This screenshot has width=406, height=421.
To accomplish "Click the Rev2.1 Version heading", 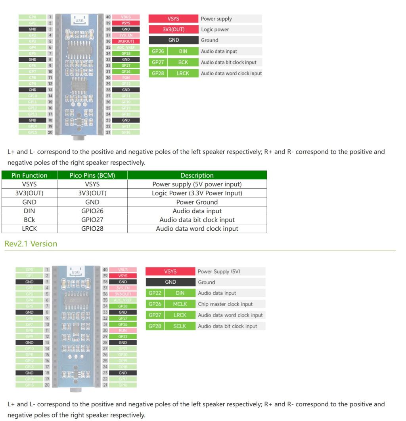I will click(31, 244).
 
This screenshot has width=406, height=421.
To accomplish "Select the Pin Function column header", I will click(29, 175).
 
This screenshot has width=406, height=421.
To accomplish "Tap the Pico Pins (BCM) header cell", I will click(92, 175).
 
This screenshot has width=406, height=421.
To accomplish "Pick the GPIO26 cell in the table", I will click(92, 211).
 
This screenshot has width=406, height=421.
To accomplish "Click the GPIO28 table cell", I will click(92, 229).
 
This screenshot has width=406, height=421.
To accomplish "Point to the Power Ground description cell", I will click(197, 202).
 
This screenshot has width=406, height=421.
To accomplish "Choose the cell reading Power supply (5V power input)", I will click(197, 184).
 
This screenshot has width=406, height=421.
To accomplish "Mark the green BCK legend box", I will click(183, 62).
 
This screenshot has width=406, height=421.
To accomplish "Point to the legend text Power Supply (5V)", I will click(219, 271).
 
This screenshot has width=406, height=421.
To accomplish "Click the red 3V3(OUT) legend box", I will click(173, 30).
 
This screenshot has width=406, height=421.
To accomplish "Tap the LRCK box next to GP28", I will click(183, 73).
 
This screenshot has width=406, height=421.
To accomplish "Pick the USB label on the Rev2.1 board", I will click(75, 272).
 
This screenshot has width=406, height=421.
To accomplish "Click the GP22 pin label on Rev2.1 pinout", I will click(126, 336).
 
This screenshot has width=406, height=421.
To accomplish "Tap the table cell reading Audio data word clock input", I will click(197, 229).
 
